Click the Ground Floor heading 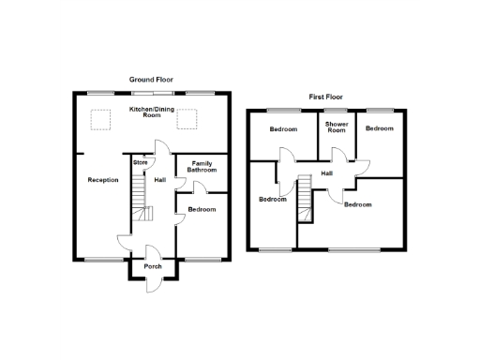point(151,80)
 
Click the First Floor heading point(328,97)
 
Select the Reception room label point(103,180)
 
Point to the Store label point(141,162)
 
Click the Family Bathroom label point(202,167)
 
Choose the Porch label point(152,267)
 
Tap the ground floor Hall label point(160,180)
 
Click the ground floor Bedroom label point(202,209)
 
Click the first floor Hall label point(327,172)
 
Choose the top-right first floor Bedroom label point(379,128)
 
